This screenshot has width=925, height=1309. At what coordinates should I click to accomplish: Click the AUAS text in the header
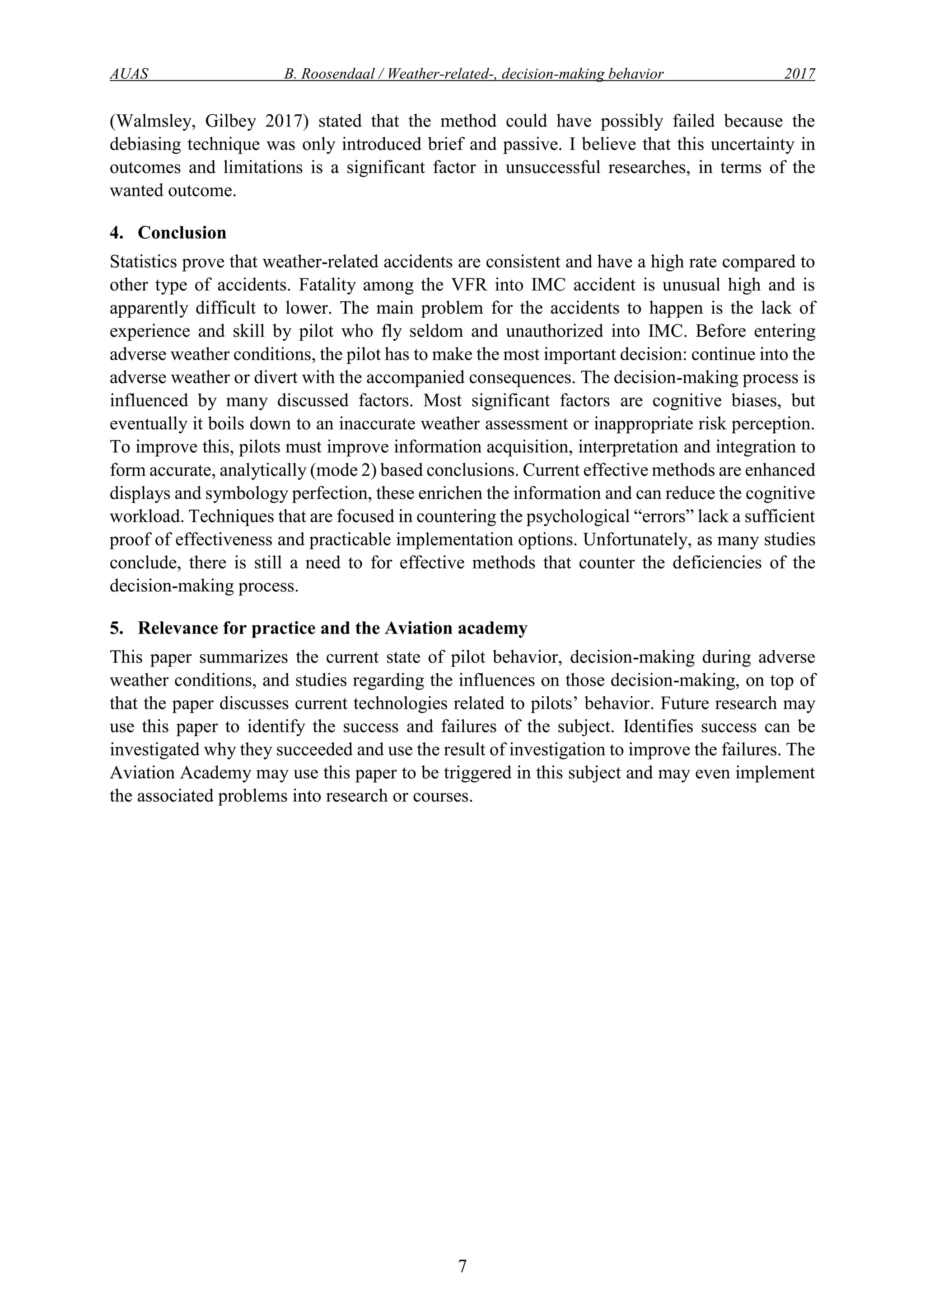[x=129, y=74]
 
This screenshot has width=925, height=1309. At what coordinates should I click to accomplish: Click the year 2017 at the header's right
[x=799, y=74]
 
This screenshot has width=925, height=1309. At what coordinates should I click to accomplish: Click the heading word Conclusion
[x=182, y=233]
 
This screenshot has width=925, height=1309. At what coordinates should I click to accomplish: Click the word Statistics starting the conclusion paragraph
[x=145, y=262]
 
